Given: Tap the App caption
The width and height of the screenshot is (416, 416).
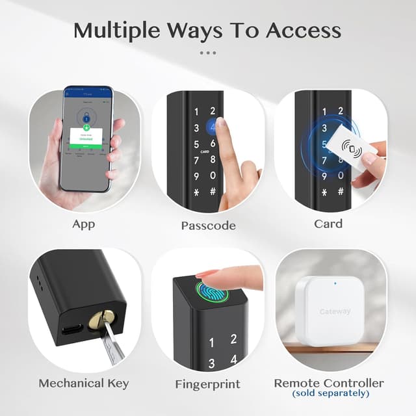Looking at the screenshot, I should click(84, 224).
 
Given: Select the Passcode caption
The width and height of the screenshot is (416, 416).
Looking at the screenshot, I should click(208, 226).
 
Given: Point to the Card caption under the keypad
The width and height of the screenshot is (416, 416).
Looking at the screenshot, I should click(328, 224).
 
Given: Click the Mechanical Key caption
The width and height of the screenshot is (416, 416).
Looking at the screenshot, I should click(83, 383).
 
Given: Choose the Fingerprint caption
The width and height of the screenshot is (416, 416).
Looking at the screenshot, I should click(207, 384).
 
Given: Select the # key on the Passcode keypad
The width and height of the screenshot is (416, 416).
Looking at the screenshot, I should click(213, 192).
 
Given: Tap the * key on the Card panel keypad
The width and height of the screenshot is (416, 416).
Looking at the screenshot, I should click(324, 192).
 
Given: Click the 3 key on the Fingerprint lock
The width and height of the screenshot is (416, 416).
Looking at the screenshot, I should click(211, 364).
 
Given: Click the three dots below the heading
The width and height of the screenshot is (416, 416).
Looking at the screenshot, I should click(208, 53).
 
